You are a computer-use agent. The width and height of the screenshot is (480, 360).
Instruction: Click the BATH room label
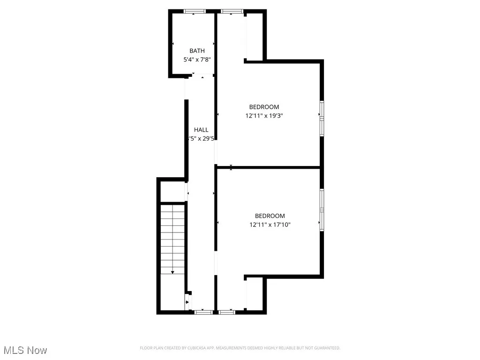tap(196, 51)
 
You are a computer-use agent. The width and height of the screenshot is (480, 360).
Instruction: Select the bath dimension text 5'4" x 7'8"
tap(196, 60)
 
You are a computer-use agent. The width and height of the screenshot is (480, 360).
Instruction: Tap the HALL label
tap(201, 130)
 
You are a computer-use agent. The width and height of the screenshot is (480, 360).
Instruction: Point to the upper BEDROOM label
tap(264, 107)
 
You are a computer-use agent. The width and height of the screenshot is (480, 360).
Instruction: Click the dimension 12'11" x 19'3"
tap(264, 115)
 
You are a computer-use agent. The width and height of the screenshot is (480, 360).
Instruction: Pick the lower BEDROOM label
tap(270, 216)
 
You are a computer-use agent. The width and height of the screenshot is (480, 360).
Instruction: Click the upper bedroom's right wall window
tap(322, 117)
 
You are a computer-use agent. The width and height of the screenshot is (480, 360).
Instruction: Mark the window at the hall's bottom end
tap(203, 311)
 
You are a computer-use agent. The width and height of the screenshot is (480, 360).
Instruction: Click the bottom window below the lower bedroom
tap(227, 311)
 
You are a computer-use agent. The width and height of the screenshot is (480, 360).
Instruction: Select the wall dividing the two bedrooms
tap(269, 167)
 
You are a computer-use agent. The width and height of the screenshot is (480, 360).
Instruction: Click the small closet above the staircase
tap(172, 192)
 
